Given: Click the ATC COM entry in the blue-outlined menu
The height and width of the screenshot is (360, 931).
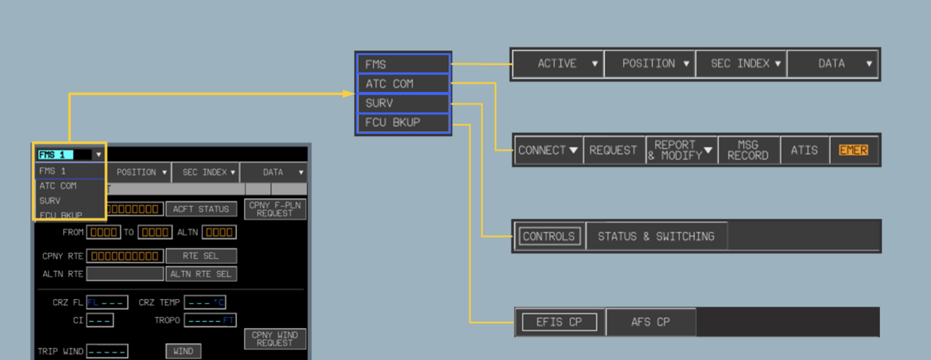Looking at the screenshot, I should click(403, 84).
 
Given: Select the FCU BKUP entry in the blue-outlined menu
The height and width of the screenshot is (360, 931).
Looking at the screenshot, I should click(403, 123).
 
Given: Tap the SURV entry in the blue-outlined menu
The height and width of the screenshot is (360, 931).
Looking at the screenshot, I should click(403, 103).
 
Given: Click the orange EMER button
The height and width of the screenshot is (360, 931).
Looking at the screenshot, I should click(853, 150).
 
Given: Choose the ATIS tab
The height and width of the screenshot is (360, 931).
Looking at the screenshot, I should click(804, 150).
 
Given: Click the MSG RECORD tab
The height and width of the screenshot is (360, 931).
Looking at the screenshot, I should click(747, 150).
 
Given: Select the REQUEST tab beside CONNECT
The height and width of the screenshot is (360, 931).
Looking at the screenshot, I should click(613, 150).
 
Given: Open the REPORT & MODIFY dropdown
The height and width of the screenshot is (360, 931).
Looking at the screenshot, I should click(681, 150).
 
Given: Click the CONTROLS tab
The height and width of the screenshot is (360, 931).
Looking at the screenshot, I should click(549, 237).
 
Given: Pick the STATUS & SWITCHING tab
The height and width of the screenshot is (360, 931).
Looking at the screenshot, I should click(656, 237).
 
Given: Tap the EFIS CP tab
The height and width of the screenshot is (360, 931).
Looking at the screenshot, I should click(560, 322).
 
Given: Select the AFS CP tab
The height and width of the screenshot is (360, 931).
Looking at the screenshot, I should click(650, 322).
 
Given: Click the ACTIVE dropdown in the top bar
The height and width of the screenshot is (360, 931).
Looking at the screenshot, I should click(558, 63).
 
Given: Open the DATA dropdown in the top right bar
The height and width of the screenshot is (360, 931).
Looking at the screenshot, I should click(832, 63).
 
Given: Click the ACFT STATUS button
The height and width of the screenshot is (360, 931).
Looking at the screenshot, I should click(200, 209).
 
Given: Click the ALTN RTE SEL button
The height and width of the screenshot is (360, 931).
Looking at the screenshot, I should click(201, 274).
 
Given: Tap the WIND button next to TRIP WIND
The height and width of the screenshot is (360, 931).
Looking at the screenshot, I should click(183, 351).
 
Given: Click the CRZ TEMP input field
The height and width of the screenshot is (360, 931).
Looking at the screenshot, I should click(205, 303).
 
